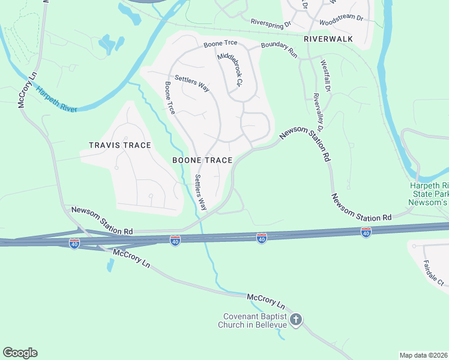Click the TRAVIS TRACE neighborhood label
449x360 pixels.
(x=119, y=145)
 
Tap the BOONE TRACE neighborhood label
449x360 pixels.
(x=202, y=160)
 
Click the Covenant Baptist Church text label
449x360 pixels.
(x=252, y=321)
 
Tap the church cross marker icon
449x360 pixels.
(x=295, y=320)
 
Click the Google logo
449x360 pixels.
(x=20, y=353)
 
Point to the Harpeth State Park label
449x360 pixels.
(x=429, y=194)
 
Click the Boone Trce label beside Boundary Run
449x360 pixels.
(x=220, y=44)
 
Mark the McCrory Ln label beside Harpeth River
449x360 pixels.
(x=27, y=90)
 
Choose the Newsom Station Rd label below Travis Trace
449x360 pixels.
(x=101, y=220)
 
